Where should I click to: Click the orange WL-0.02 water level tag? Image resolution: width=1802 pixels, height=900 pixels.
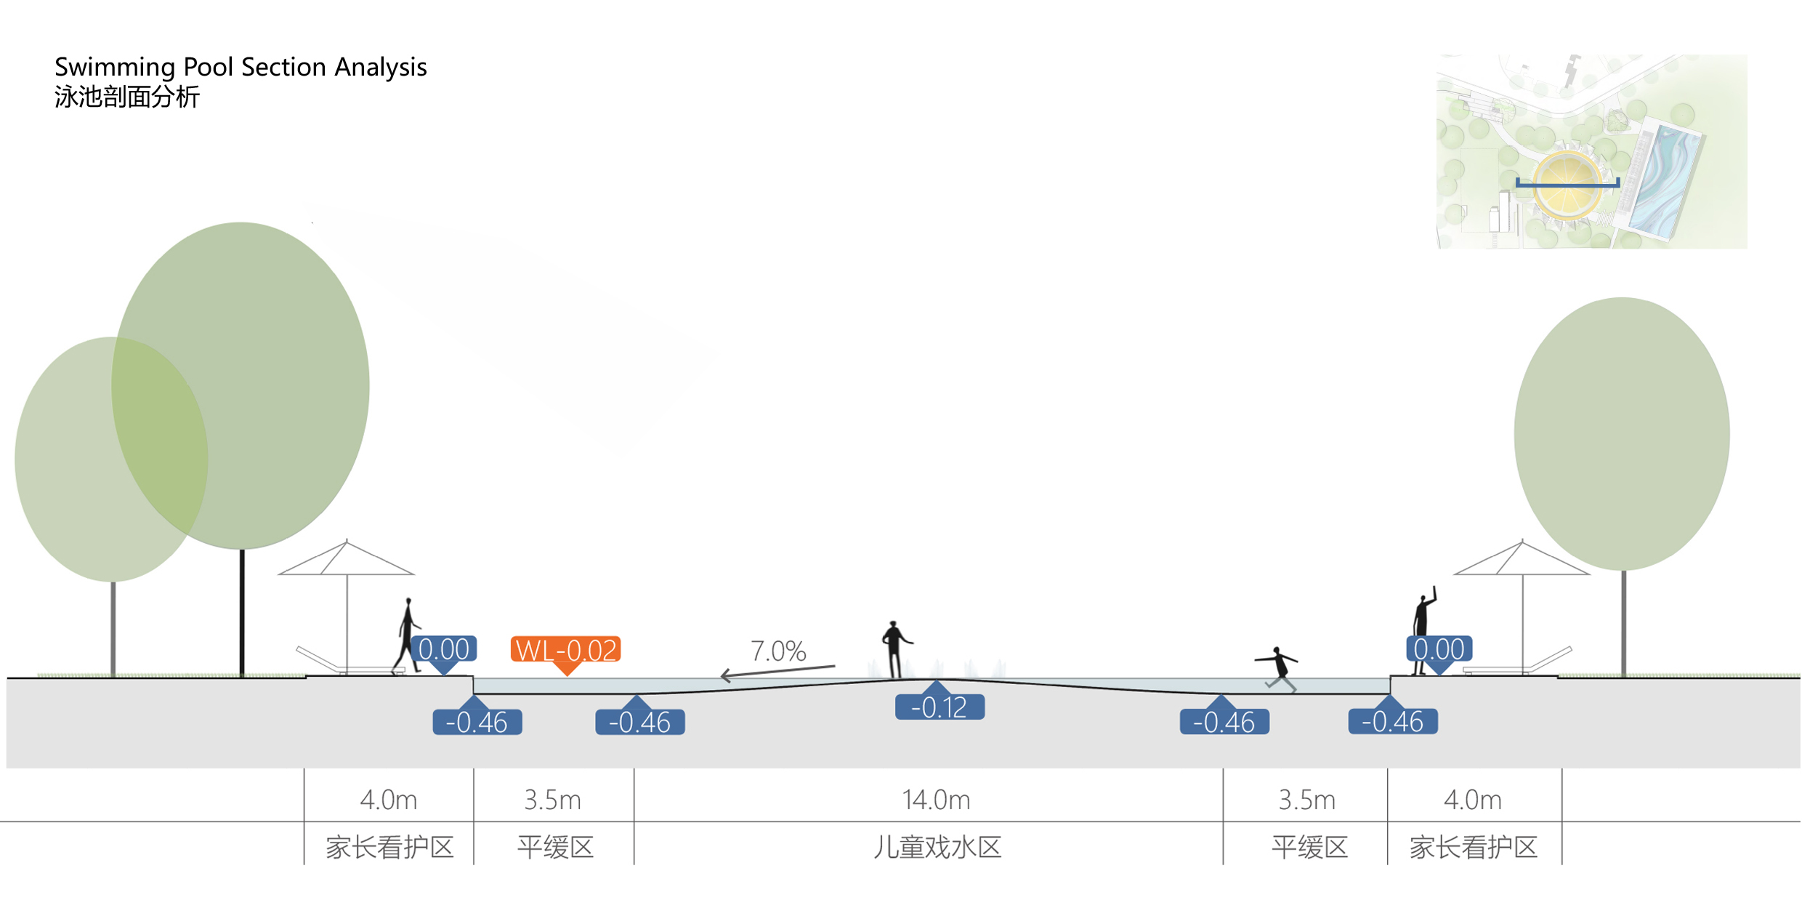565,649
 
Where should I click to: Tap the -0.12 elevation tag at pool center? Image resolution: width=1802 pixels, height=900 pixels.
939,707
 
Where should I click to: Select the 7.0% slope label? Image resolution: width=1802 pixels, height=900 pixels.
778,651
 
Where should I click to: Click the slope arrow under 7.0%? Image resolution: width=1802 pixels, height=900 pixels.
777,671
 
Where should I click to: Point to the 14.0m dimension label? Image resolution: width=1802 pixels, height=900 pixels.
936,800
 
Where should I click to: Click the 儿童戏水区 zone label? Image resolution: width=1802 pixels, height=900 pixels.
937,847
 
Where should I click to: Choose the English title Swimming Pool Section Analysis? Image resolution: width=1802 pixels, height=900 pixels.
241,67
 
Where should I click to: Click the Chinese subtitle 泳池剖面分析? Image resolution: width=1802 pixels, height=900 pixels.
127,97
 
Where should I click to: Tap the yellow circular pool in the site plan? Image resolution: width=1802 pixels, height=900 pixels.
1568,184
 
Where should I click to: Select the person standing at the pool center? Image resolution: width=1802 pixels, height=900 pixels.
895,648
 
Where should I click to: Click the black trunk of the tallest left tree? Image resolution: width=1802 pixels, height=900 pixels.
242,611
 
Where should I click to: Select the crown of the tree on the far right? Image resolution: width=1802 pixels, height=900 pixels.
1622,433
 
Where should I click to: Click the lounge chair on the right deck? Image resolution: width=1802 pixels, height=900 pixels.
1519,664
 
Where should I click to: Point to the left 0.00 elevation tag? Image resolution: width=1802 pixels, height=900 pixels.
444,648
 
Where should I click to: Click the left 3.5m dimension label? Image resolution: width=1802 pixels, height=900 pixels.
552,800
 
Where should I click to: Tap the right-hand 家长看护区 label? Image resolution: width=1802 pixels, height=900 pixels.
1474,847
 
